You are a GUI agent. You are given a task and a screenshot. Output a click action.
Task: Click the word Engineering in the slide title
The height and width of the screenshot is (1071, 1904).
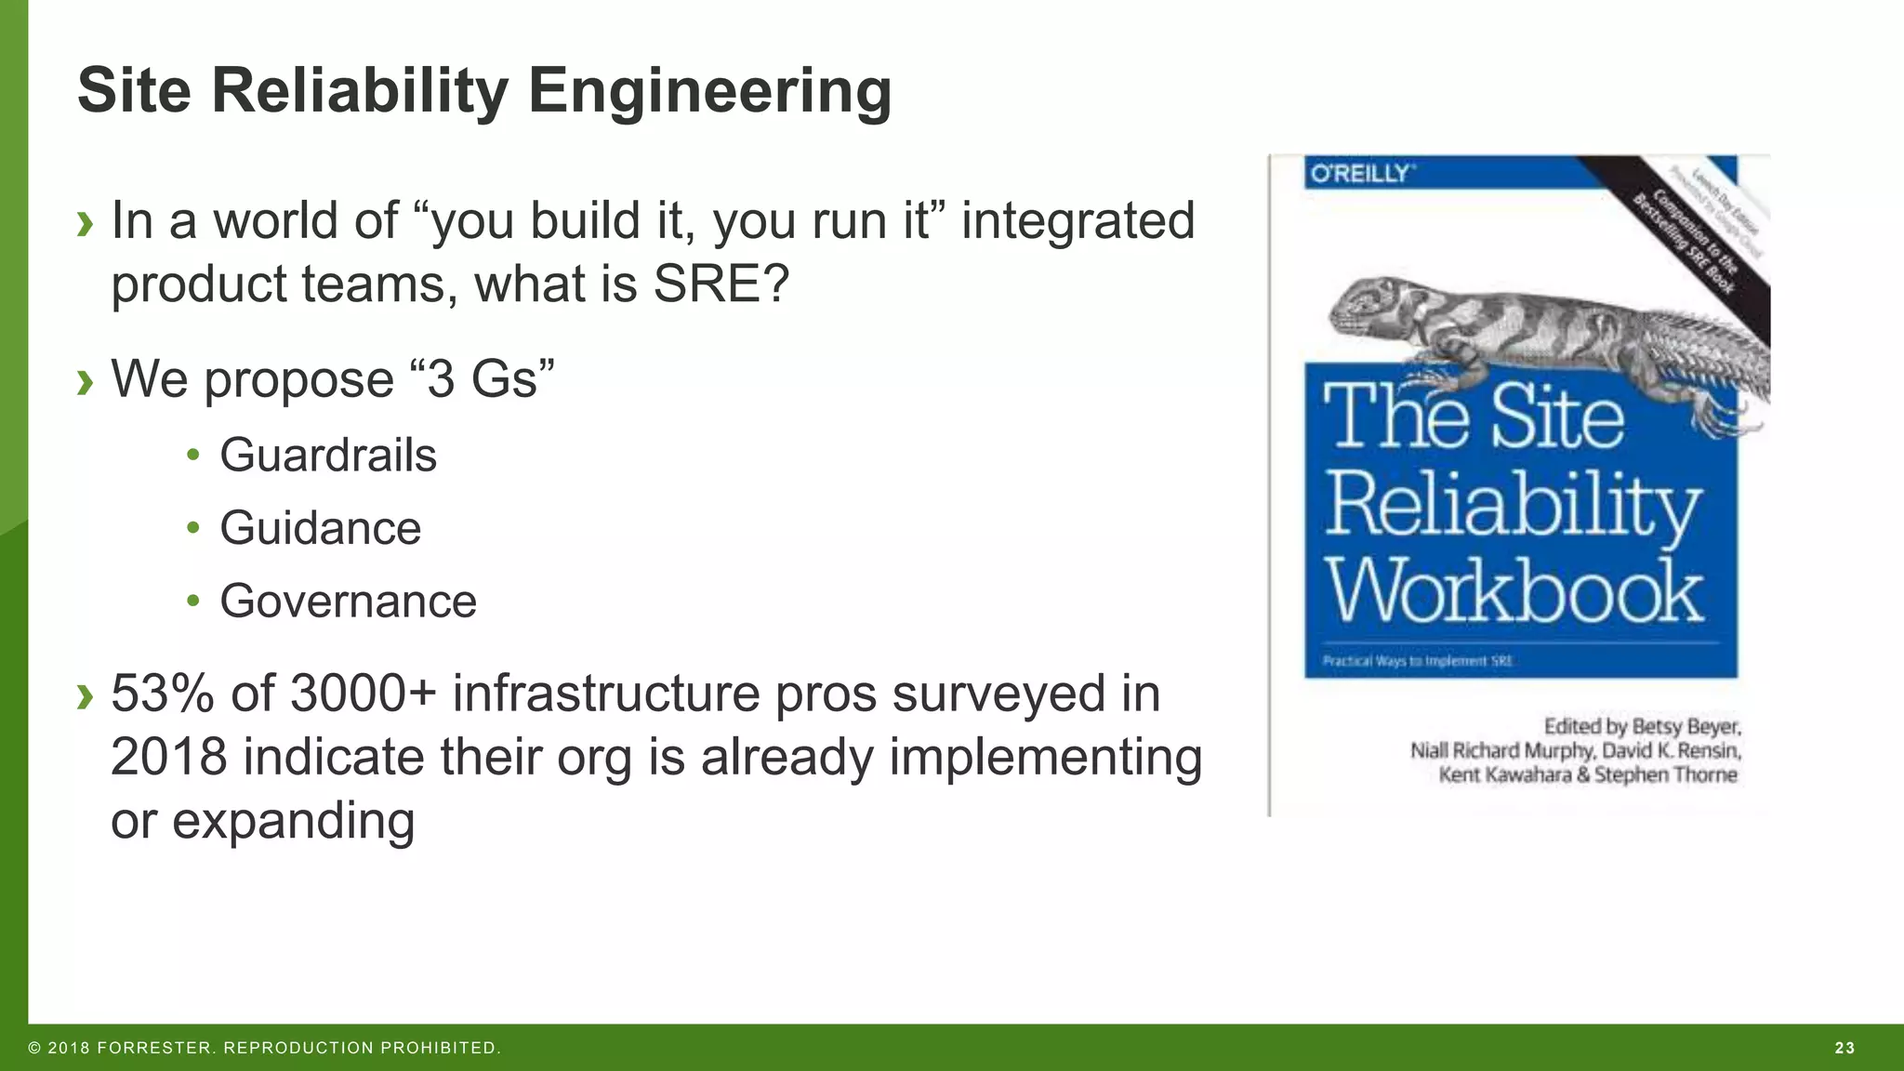click(x=709, y=91)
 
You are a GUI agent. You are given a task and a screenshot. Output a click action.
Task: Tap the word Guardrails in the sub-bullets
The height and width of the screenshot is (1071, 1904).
click(x=327, y=456)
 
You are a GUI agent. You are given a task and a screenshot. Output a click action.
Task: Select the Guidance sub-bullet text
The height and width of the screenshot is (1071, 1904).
click(x=320, y=528)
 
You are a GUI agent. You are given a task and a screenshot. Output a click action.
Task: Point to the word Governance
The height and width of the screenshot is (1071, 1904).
click(x=348, y=601)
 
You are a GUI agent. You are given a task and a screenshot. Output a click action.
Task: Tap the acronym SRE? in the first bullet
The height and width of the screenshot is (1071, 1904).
click(x=721, y=284)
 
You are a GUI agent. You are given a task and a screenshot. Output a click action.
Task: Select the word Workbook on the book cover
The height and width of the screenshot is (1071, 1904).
click(x=1514, y=591)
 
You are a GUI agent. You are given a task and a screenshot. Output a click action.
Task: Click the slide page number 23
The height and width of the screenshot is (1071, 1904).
click(x=1844, y=1048)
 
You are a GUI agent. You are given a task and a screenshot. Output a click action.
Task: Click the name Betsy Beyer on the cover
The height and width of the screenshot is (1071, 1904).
click(x=1686, y=726)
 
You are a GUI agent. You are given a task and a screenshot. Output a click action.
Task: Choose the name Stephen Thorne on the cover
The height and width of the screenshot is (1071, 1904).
click(x=1665, y=774)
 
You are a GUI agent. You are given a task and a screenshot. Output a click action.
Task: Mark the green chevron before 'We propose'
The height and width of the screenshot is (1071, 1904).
click(x=86, y=380)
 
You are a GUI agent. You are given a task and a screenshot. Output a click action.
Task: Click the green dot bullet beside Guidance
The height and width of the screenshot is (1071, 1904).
click(x=192, y=528)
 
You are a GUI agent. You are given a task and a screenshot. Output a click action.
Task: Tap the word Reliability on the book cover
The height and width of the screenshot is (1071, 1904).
click(x=1512, y=505)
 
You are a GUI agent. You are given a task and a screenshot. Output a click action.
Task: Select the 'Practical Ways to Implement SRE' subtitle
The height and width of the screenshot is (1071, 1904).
click(x=1418, y=661)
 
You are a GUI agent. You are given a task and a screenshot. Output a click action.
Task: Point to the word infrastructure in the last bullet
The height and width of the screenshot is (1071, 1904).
click(x=606, y=694)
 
